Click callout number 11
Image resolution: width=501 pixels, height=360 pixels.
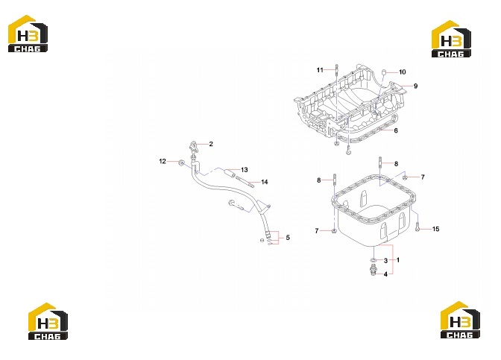[320, 70]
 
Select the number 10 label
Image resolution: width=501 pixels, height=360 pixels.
[403, 72]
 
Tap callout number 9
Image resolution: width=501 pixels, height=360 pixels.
[415, 86]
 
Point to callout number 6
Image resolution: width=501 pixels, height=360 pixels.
[396, 130]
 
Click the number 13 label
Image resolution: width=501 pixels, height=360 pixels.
[245, 170]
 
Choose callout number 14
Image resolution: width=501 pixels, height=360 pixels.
[265, 182]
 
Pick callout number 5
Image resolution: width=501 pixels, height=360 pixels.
[288, 238]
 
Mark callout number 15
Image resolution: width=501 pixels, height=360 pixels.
[436, 229]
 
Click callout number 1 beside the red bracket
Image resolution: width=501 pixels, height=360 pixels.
[398, 260]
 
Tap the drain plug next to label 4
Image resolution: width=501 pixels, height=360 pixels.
[373, 270]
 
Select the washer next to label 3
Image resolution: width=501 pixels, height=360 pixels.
[374, 259]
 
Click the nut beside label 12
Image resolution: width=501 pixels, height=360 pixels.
[181, 163]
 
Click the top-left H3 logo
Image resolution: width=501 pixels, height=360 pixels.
[28, 34]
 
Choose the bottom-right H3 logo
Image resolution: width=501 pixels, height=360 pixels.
[460, 320]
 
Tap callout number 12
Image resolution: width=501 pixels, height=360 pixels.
[163, 161]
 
